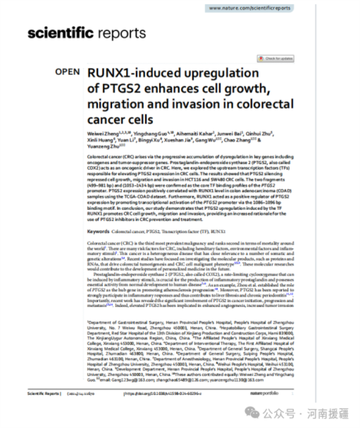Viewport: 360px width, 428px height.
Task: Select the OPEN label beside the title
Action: tap(67, 72)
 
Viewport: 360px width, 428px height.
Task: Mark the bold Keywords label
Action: tap(98, 231)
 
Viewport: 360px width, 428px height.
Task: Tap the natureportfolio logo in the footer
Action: tap(276, 394)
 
